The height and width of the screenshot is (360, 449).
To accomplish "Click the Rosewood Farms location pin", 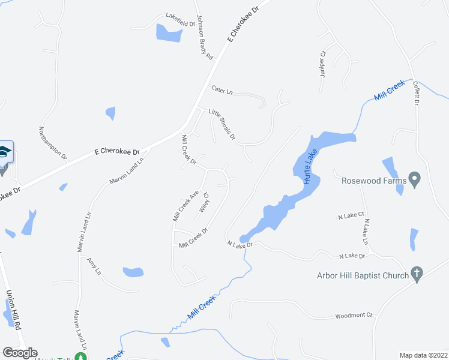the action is pos(415,179).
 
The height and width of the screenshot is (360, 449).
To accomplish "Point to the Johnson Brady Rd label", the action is pos(205,37).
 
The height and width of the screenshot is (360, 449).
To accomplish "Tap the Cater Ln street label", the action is pos(222,90).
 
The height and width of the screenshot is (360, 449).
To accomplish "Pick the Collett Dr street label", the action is pos(415,94).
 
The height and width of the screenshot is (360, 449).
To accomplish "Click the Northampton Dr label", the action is pos(53,143).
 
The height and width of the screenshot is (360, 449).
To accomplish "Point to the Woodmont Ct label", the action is pos(354,315).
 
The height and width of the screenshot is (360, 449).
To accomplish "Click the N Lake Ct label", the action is pos(352,215).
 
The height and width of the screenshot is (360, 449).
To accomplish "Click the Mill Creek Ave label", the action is pos(185,206).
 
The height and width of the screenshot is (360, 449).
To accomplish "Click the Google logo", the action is pos(19,353).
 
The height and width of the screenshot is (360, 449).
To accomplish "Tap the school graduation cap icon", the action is pos(4,151).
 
